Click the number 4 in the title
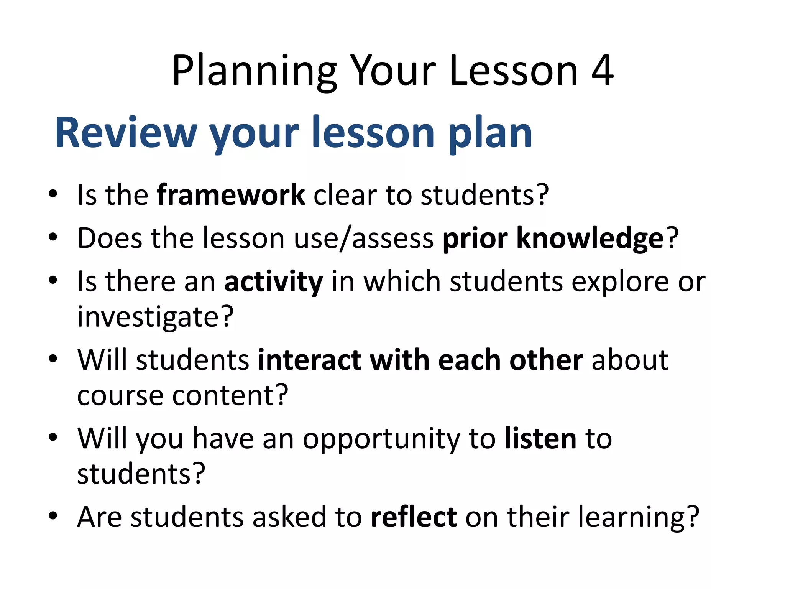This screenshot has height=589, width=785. tap(602, 71)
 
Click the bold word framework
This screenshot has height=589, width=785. tap(231, 195)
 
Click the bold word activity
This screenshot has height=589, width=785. tap(273, 282)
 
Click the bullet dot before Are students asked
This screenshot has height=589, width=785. tap(53, 516)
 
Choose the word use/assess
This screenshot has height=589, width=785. tap(363, 239)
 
